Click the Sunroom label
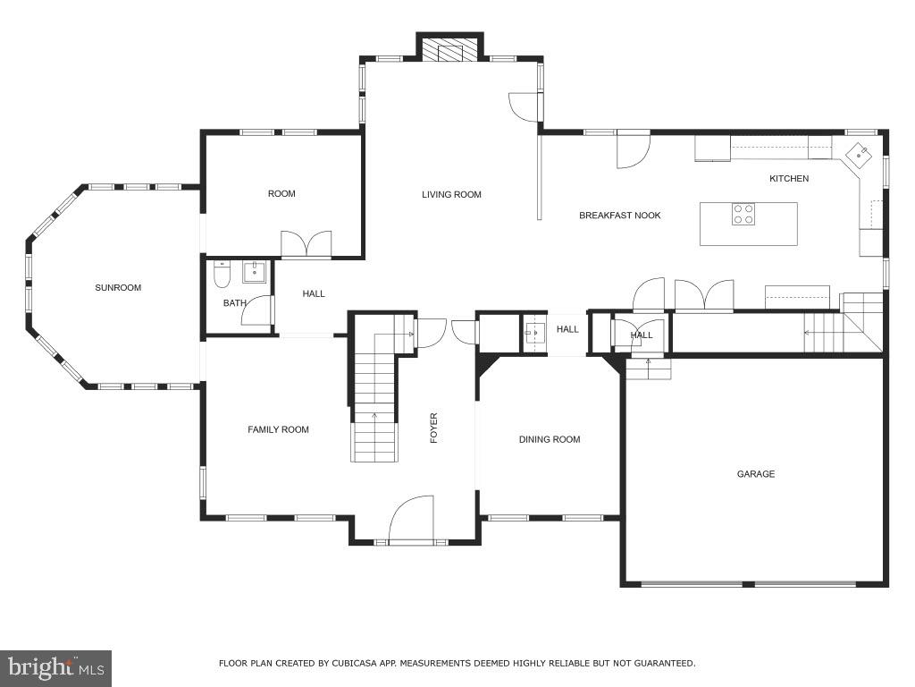[x=118, y=288]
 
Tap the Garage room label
[x=755, y=474]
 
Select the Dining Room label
[x=550, y=439]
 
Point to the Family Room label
[x=278, y=430]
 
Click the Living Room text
[x=451, y=194]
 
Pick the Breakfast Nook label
[x=619, y=216]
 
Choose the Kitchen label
[x=789, y=179]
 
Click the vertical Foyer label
[x=434, y=428]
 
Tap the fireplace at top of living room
[x=450, y=51]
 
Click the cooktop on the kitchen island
[x=743, y=214]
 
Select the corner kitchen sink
[x=859, y=155]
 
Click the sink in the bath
[x=255, y=271]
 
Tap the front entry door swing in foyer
[x=412, y=520]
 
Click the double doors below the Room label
[x=306, y=244]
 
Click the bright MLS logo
[x=55, y=667]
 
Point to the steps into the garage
[x=648, y=369]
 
